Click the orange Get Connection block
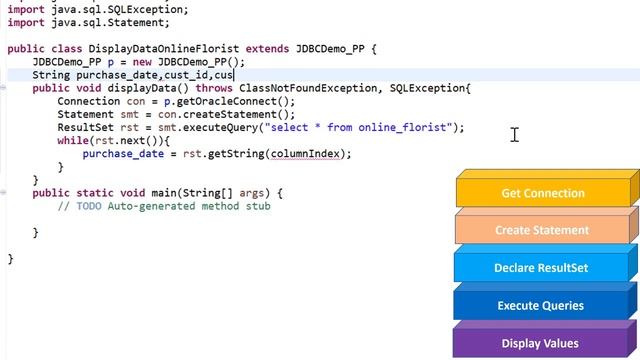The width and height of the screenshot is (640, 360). pyautogui.click(x=542, y=193)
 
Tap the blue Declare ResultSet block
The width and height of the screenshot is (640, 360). pyautogui.click(x=541, y=268)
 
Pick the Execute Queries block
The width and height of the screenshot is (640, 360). pyautogui.click(x=541, y=305)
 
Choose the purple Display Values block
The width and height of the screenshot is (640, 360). pyautogui.click(x=540, y=343)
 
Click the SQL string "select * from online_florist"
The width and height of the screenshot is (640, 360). pyautogui.click(x=359, y=127)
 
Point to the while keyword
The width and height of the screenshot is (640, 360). pyautogui.click(x=73, y=140)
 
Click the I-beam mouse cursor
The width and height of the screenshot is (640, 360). pyautogui.click(x=514, y=134)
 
